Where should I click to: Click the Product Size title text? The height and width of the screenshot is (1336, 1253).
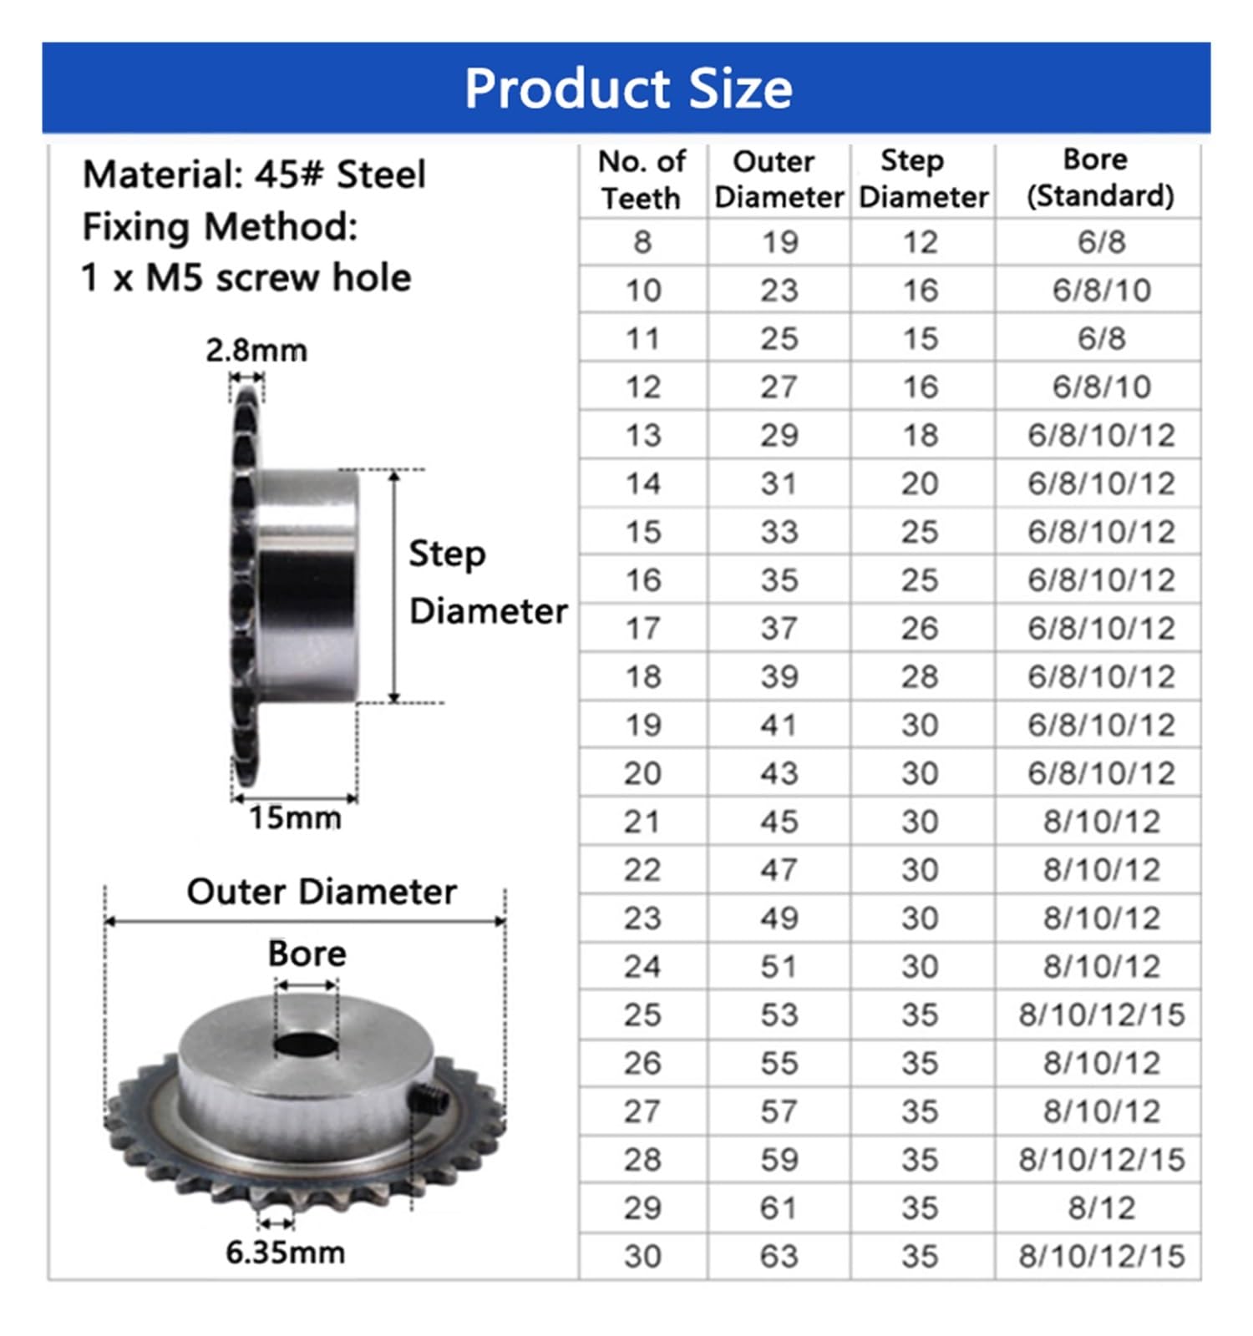point(627,89)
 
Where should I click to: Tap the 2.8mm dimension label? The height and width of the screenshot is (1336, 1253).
point(256,350)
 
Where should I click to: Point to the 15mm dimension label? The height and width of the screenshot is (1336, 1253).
point(295,817)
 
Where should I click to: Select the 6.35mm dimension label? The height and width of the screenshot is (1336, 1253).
point(285,1252)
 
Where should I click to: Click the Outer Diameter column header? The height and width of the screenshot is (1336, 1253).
point(779,179)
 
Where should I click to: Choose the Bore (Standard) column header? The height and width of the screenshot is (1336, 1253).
point(1098,178)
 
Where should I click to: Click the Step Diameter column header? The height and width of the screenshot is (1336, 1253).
point(922,179)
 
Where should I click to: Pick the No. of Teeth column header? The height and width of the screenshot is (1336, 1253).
point(642,180)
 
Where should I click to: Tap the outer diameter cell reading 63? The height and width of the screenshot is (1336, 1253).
point(779,1256)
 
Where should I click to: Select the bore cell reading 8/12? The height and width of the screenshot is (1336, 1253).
point(1100,1207)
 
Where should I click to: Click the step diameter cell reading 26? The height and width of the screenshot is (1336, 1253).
point(920,628)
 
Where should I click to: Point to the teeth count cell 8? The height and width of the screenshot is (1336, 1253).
point(642,242)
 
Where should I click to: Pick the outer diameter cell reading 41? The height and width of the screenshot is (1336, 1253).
point(779,725)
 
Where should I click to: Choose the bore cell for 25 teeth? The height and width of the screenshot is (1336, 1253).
point(1100,1015)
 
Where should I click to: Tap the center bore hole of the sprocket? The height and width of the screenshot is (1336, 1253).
point(305,1043)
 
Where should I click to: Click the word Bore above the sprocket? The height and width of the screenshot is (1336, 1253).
point(307,954)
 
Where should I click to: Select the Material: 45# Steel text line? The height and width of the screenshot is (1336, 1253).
point(254,175)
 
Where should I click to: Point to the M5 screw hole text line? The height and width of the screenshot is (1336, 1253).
point(246,278)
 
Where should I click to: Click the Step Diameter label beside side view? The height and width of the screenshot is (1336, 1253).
point(486,582)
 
